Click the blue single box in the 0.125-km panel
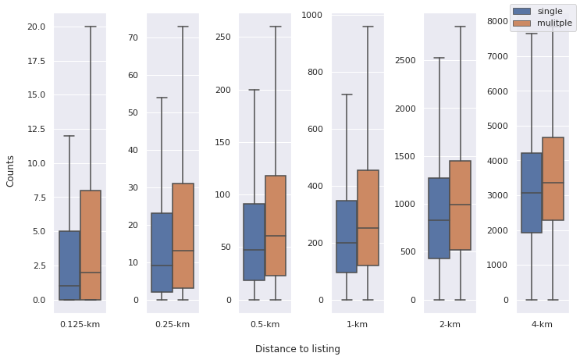(69, 266)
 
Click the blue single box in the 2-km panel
(439, 218)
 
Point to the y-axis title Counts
(10, 170)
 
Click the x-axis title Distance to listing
(297, 349)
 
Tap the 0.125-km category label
(80, 324)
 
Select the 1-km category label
(357, 324)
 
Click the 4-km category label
(542, 324)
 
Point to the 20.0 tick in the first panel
(36, 27)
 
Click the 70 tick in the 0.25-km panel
(133, 37)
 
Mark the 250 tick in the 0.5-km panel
(222, 37)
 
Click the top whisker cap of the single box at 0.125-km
(69, 136)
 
